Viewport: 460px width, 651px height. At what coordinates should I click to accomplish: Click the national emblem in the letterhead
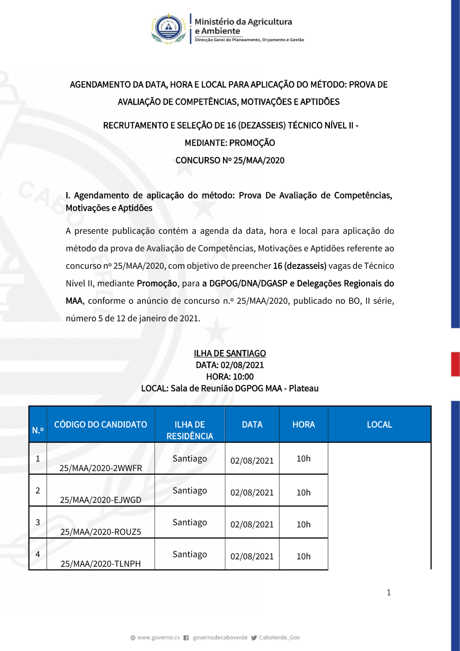point(169,29)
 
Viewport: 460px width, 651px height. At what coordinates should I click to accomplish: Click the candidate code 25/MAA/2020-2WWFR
point(101,468)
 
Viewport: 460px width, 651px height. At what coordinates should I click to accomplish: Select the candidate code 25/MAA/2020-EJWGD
point(101,500)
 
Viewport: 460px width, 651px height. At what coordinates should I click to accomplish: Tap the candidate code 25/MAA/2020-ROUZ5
point(101,531)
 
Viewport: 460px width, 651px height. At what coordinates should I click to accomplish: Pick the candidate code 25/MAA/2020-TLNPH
point(101,563)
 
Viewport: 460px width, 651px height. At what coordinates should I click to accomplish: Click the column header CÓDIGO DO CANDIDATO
point(101,424)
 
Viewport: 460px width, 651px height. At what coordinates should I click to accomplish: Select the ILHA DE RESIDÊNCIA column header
point(190,430)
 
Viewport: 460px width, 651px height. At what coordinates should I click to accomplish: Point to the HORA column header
point(304,424)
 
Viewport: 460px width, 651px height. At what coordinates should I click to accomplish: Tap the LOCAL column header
point(379,424)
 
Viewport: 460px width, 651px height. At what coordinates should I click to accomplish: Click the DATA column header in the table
point(252,424)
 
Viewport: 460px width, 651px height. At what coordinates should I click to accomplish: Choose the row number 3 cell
point(38,522)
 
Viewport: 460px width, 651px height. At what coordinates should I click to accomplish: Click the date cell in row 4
point(252,556)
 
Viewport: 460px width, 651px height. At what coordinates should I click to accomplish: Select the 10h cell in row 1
point(304,459)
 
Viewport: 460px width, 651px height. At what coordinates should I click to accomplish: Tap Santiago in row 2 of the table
point(190,490)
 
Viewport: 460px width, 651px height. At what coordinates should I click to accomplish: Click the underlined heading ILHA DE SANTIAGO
point(230,353)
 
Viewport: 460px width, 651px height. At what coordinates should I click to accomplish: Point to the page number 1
point(389,592)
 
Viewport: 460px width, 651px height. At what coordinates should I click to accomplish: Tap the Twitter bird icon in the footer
point(254,638)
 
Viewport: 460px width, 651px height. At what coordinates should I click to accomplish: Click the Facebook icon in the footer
point(186,638)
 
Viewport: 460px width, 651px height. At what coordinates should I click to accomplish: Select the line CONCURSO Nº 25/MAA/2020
point(230,160)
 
